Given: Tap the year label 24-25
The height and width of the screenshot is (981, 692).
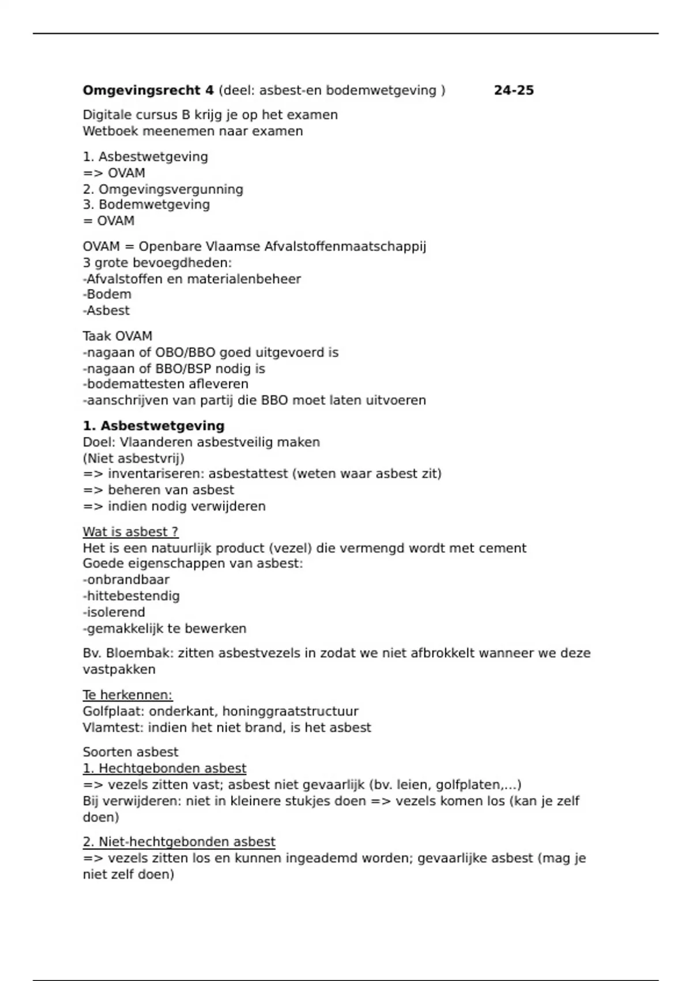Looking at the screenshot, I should [514, 91].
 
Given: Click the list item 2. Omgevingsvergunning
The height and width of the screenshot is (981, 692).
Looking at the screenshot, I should [163, 189].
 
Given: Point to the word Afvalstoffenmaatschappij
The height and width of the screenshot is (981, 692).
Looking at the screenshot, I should [345, 247].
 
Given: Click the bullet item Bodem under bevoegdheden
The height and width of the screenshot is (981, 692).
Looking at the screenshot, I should [108, 294].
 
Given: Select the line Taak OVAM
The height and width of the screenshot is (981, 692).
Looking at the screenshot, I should [117, 336].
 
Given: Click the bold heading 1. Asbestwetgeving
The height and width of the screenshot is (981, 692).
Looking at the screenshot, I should [153, 426].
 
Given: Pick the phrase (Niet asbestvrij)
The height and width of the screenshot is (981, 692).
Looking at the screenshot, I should [133, 458].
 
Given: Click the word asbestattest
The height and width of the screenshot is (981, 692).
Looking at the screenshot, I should [248, 474].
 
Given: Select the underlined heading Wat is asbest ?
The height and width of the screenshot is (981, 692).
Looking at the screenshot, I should [130, 531].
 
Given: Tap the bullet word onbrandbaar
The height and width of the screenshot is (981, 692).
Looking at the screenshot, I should [127, 580].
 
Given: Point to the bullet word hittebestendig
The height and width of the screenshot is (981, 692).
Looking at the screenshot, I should [133, 596].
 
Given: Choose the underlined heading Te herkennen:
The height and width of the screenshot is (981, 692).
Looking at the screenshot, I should [127, 695].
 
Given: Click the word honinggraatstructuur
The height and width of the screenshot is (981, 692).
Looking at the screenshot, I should [290, 712].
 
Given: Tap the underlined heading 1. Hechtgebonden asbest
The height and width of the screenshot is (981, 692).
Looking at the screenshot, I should [164, 769].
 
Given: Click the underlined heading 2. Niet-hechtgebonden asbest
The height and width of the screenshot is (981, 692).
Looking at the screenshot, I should [179, 842].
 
